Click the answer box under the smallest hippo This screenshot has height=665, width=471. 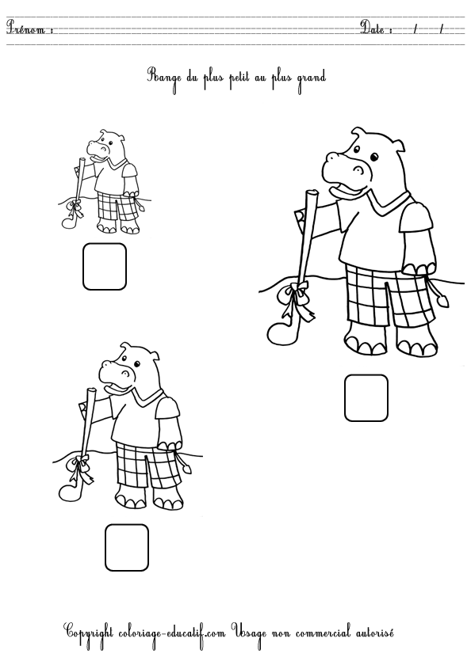point(104,267)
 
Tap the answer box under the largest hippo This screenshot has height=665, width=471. point(366,397)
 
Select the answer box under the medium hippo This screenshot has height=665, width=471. point(127,547)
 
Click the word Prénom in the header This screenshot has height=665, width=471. point(29,29)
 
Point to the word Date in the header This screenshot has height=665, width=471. point(376,29)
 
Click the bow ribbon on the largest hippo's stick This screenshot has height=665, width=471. point(298,298)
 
